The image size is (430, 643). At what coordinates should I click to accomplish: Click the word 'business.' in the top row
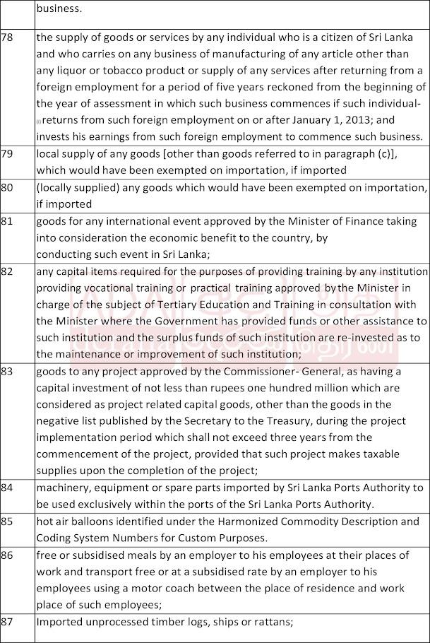[x=59, y=9]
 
